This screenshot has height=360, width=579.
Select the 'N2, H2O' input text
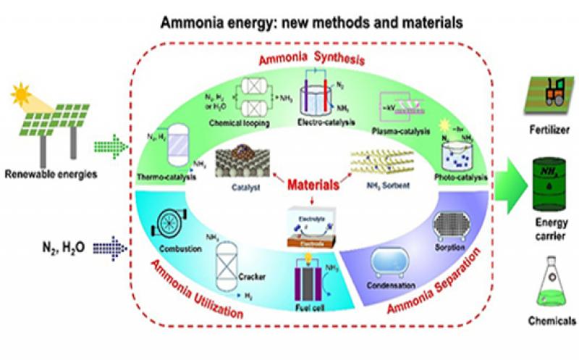point(64,247)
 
